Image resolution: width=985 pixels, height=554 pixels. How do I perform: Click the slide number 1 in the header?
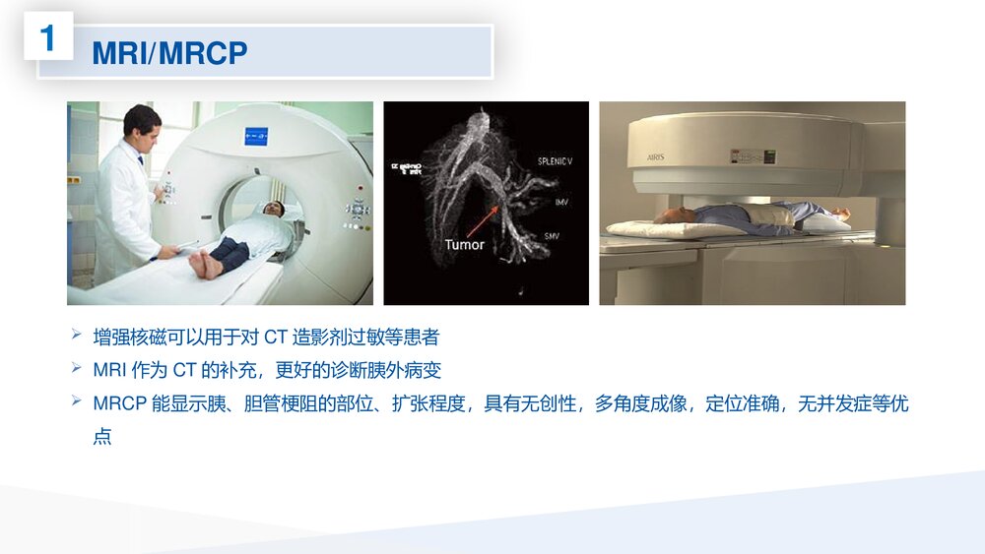pyautogui.click(x=48, y=39)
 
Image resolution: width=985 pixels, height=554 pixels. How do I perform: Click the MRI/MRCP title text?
pyautogui.click(x=169, y=53)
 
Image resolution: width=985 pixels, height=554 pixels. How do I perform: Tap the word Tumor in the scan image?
pyautogui.click(x=464, y=244)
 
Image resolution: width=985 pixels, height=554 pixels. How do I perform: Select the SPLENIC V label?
pyautogui.click(x=555, y=160)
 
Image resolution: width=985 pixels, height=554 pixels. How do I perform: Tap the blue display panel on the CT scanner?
pyautogui.click(x=256, y=136)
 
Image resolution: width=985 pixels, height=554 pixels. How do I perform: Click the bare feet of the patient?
pyautogui.click(x=204, y=263)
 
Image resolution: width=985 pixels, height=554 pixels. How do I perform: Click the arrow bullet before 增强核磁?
pyautogui.click(x=77, y=336)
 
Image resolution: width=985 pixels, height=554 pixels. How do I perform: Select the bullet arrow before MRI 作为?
pyautogui.click(x=77, y=369)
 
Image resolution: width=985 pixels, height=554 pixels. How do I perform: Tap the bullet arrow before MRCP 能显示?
pyautogui.click(x=77, y=402)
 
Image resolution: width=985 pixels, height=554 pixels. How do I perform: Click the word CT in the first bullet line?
pyautogui.click(x=275, y=337)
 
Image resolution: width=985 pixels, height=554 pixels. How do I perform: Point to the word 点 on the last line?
pyautogui.click(x=102, y=436)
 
